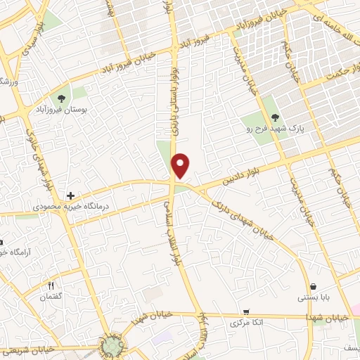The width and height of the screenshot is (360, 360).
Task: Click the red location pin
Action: pyautogui.click(x=181, y=165)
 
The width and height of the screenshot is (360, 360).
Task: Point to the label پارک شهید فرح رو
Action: pyautogui.click(x=275, y=130)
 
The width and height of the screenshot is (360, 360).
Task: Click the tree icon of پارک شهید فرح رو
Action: pyautogui.click(x=275, y=117)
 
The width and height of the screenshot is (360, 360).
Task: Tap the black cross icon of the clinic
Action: pyautogui.click(x=70, y=195)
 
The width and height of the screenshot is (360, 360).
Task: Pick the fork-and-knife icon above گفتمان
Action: pyautogui.click(x=51, y=285)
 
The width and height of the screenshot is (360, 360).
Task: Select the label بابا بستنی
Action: pyautogui.click(x=313, y=297)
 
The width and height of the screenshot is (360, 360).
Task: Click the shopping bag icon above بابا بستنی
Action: pyautogui.click(x=313, y=285)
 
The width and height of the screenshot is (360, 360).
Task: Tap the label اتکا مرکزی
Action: pyautogui.click(x=246, y=323)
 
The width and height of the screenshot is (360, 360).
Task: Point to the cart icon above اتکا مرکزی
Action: pyautogui.click(x=246, y=311)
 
